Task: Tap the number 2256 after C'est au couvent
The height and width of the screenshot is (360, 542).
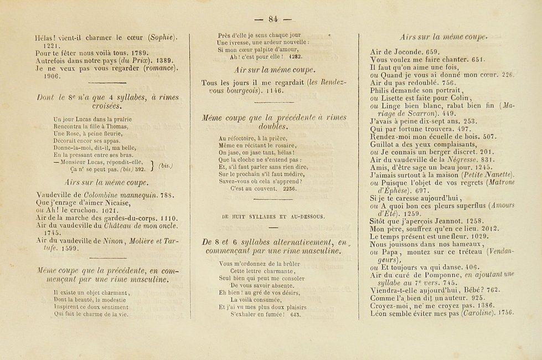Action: [x=288, y=188]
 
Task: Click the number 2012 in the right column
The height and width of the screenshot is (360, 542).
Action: [x=488, y=227]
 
